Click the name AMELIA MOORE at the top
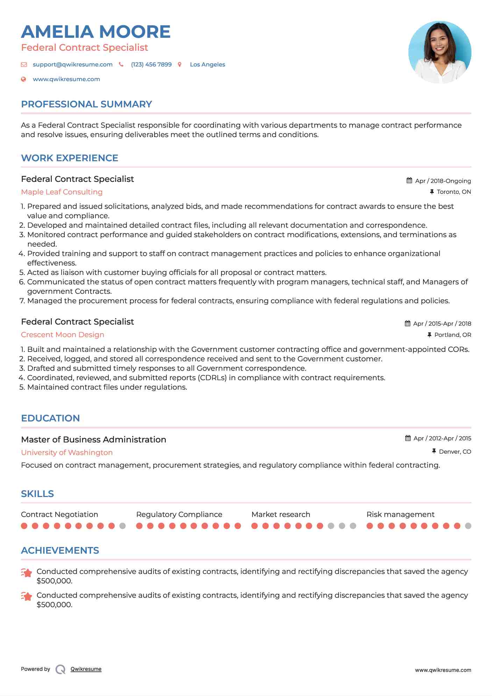(95, 32)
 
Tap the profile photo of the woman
(440, 52)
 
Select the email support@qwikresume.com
(72, 65)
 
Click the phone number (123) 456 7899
(151, 65)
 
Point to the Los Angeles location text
(207, 65)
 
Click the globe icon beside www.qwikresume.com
(24, 79)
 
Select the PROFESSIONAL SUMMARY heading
(86, 104)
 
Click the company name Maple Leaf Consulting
(62, 192)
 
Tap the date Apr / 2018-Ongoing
(443, 181)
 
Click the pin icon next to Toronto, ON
(432, 192)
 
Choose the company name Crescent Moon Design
(63, 335)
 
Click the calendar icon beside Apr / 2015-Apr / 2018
(407, 324)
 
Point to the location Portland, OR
(452, 335)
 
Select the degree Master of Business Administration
(93, 440)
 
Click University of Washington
(67, 453)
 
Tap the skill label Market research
(280, 514)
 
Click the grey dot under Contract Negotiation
(122, 526)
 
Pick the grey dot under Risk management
(468, 526)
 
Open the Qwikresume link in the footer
(86, 669)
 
